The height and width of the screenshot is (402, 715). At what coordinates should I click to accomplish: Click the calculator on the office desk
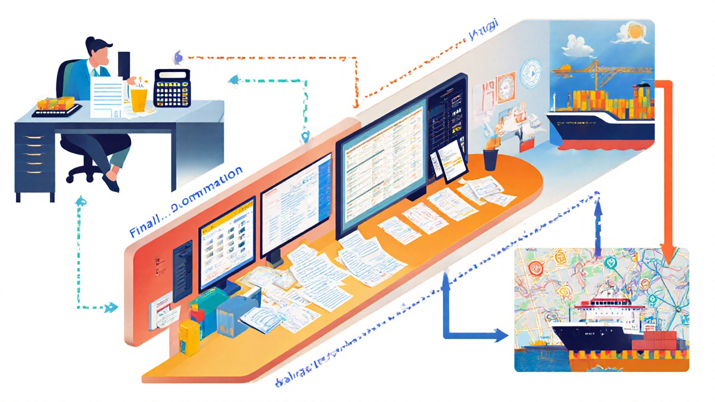pyautogui.click(x=172, y=88)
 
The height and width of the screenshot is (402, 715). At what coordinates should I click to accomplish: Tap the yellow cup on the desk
pyautogui.click(x=139, y=99)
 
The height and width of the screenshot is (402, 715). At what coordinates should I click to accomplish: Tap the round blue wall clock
pyautogui.click(x=531, y=73)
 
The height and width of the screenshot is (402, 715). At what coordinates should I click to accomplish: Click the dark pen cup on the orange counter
pyautogui.click(x=490, y=159)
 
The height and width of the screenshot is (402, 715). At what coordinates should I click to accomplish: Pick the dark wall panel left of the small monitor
pyautogui.click(x=183, y=270)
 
